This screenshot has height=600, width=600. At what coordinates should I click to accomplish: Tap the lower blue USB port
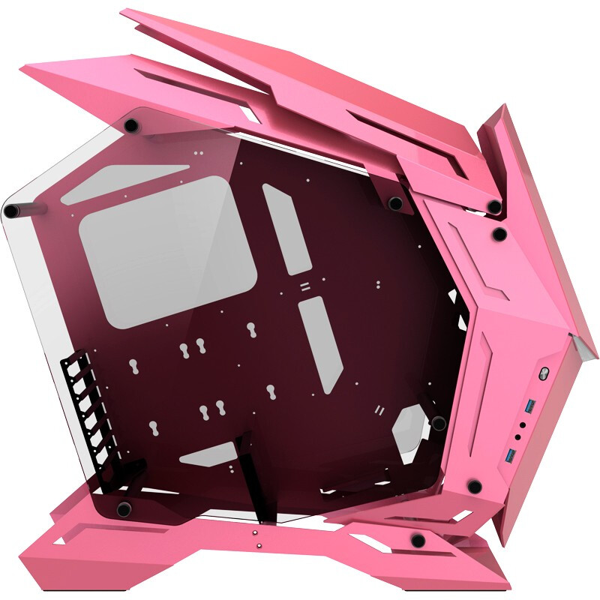[x=512, y=455]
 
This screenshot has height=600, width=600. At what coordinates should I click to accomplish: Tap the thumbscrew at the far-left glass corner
[x=11, y=211]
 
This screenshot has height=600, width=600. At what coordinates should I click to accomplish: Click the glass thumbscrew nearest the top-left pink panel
[x=132, y=124]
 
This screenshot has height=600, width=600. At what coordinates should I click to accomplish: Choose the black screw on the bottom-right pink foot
[x=418, y=539]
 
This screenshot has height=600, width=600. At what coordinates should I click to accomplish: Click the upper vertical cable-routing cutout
[x=287, y=228]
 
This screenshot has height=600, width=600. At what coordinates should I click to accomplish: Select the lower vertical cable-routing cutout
[x=321, y=343]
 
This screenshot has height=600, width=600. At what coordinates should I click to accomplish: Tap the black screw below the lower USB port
[x=473, y=486]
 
